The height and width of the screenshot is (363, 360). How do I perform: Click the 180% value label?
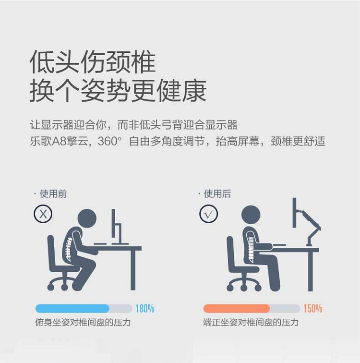[x=145, y=309]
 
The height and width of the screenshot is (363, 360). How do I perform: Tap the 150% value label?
[x=313, y=309]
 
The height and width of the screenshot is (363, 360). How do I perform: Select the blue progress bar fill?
[x=72, y=309]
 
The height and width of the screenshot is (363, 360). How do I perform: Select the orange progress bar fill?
[x=237, y=309]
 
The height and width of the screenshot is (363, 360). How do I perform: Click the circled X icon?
[x=43, y=214]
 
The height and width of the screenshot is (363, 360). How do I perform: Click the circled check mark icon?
[x=208, y=214]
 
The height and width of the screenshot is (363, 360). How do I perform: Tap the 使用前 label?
[x=53, y=194]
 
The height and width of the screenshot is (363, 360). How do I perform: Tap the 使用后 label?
[x=217, y=194]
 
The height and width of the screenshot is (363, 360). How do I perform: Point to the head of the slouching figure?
[x=87, y=218]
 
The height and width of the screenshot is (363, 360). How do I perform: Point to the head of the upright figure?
[x=251, y=215]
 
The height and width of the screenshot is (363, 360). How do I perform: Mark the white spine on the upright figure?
[x=251, y=248]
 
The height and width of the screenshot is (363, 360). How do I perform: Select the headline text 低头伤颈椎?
[x=93, y=62]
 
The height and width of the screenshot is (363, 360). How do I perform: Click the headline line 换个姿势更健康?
[x=118, y=90]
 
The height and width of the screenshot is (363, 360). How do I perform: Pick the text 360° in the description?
[x=109, y=141]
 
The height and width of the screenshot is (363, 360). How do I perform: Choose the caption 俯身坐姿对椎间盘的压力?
[x=83, y=322]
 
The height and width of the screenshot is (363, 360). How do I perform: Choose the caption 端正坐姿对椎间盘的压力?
[x=251, y=322]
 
